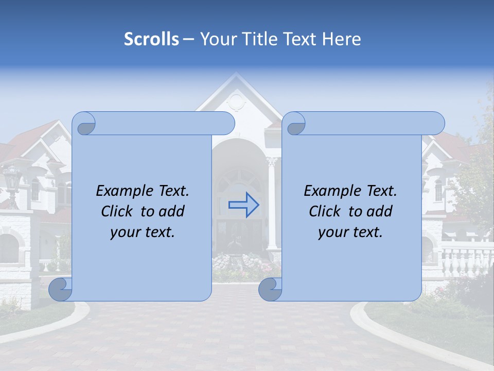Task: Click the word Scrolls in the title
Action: click(152, 39)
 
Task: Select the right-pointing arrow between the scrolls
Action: click(244, 205)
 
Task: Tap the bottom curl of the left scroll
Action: click(61, 290)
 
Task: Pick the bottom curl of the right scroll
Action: click(270, 290)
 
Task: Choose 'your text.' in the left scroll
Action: click(143, 232)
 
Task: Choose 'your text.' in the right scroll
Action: click(350, 232)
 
